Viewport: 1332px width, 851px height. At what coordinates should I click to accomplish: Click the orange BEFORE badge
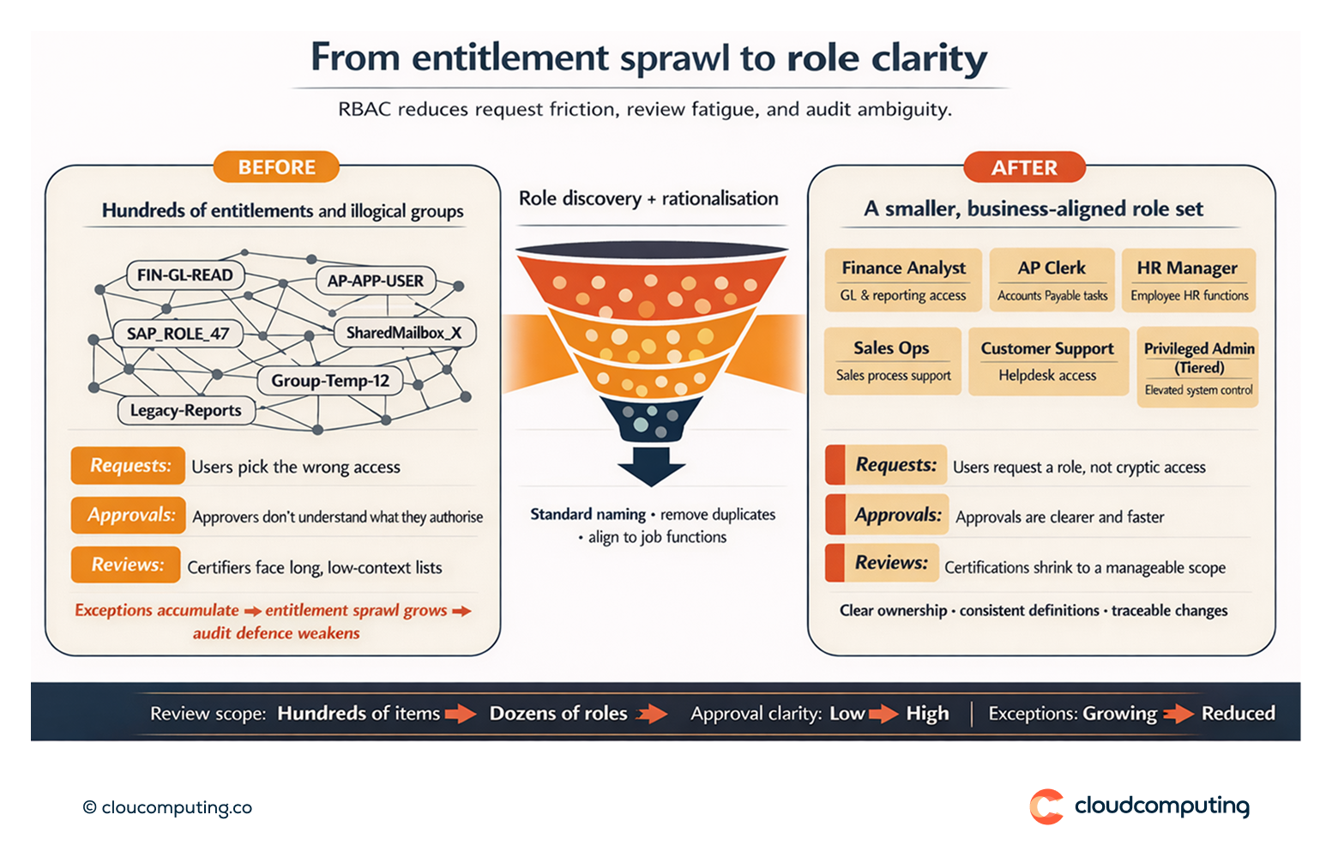276,167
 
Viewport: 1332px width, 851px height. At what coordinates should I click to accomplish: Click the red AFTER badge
1024,167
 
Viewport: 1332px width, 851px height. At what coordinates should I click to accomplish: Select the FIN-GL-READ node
185,275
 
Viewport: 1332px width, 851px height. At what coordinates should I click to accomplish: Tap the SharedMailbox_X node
403,333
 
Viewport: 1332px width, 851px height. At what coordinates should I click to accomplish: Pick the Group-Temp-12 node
330,381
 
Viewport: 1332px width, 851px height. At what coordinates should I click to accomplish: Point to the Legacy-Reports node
186,411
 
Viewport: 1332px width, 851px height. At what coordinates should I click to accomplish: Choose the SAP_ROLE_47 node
178,334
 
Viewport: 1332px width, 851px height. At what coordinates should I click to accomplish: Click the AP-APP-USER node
376,281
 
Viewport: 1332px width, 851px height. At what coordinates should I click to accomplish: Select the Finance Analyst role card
903,281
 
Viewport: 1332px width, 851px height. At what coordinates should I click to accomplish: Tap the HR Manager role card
1189,281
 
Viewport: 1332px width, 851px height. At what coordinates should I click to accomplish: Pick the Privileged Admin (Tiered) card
1198,367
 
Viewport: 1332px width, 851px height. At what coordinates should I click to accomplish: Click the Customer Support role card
1047,361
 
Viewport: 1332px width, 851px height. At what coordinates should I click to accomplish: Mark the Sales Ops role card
892,361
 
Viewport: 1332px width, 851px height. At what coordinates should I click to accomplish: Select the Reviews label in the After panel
890,564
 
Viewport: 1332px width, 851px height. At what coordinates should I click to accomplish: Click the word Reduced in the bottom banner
1238,713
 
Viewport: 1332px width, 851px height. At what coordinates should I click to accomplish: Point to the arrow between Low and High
883,714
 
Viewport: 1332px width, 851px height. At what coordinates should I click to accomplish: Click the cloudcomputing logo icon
1046,806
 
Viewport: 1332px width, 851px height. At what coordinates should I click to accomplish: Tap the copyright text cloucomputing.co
168,807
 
